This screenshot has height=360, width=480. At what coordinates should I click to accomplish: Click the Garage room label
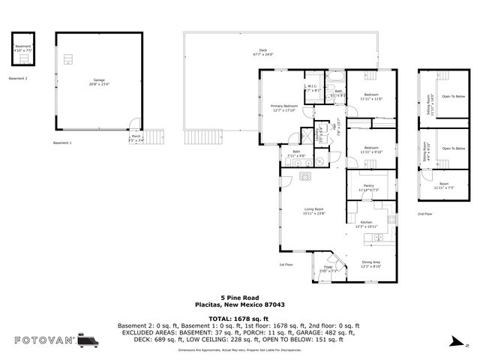point(99,81)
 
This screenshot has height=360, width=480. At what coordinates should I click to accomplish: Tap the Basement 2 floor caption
point(17,78)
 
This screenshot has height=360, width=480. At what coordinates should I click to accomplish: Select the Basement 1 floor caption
point(62,142)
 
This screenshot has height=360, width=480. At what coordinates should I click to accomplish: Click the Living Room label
point(313,211)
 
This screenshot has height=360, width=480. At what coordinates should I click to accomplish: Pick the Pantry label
point(368,187)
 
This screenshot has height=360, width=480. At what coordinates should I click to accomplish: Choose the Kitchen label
point(367,223)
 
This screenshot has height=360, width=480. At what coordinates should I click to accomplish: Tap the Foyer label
point(328,268)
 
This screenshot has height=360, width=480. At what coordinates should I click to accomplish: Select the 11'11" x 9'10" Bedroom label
point(371,149)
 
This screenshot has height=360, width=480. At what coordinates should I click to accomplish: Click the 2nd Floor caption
point(425,214)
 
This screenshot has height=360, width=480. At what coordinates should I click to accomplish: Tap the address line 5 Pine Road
point(239,296)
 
